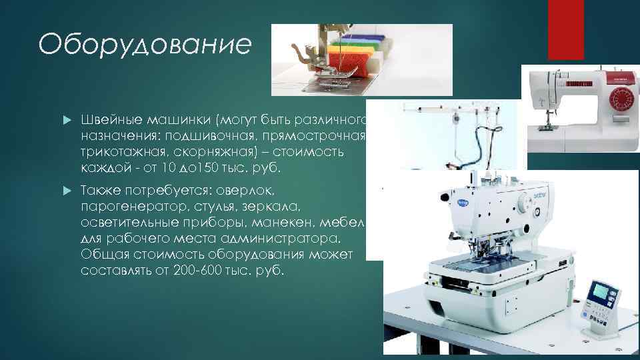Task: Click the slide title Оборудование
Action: point(145,45)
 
